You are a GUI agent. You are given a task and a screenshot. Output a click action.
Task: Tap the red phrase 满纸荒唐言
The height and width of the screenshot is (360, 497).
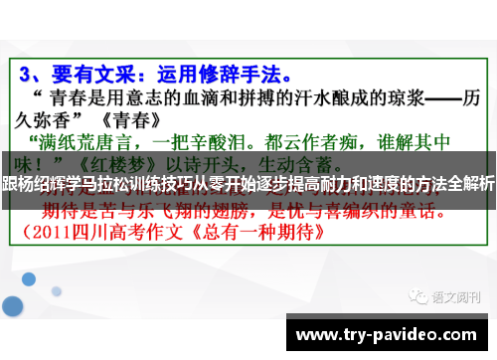pos(83,139)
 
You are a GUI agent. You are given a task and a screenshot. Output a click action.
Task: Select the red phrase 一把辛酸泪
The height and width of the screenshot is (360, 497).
pos(201,139)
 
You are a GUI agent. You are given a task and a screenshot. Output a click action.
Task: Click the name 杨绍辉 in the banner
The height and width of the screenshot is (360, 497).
pos(55,183)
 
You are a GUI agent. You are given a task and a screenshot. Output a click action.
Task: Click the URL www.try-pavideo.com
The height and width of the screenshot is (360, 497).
pos(387,335)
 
